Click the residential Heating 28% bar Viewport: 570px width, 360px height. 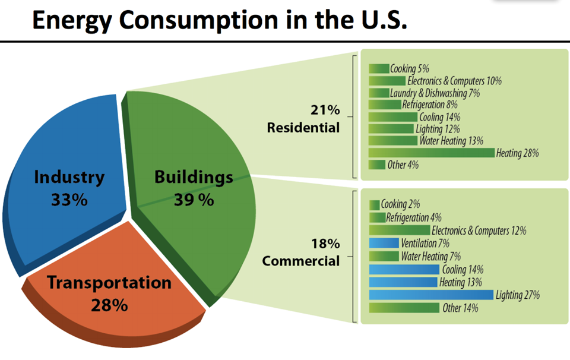click(x=431, y=153)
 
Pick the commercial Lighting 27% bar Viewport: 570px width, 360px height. click(x=430, y=295)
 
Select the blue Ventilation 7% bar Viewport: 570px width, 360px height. click(x=384, y=243)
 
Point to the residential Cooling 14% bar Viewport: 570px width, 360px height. click(x=392, y=117)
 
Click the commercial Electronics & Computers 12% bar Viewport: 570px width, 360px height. click(x=399, y=230)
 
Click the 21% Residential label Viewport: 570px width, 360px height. click(x=303, y=119)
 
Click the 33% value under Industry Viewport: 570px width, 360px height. click(x=69, y=200)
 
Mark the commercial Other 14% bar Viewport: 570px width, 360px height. click(x=404, y=308)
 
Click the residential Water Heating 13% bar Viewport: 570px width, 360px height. click(x=392, y=141)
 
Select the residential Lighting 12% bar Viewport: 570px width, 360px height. click(x=391, y=129)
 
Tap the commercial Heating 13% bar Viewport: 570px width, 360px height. click(x=403, y=282)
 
